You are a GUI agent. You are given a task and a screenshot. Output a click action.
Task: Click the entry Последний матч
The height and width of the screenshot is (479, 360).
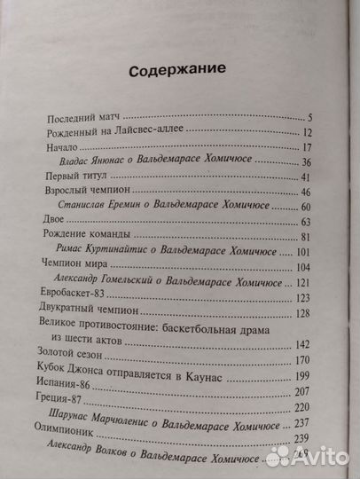(x=78, y=115)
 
